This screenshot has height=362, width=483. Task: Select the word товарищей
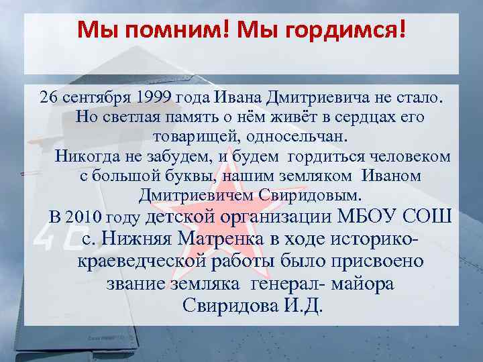coord(189,136)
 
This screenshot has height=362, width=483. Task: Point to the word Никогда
coord(87,157)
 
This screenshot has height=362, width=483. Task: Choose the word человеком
coord(413,157)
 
